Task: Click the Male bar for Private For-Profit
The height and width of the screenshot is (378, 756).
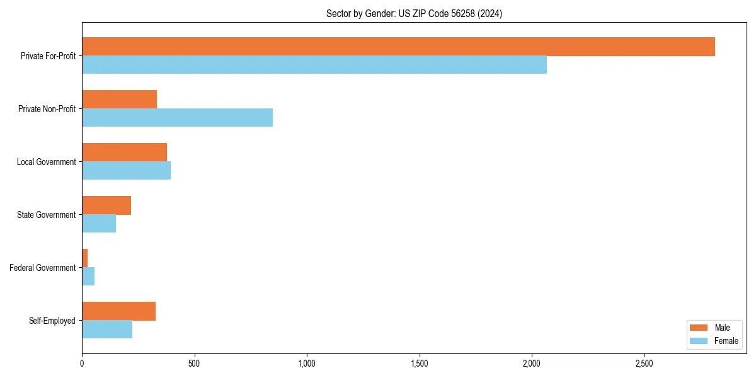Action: click(x=398, y=47)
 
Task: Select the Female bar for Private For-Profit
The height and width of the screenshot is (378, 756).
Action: click(x=314, y=65)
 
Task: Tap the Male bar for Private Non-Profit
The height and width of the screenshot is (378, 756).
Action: click(x=119, y=100)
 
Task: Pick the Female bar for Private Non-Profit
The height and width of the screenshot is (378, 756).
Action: click(x=177, y=118)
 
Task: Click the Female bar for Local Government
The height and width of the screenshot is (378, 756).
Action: click(x=126, y=171)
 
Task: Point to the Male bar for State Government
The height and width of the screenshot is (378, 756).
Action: click(x=106, y=205)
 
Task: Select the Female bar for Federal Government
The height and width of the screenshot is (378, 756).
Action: click(x=88, y=277)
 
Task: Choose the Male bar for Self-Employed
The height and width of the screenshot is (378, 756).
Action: click(x=118, y=311)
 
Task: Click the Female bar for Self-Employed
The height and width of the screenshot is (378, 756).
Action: click(x=107, y=329)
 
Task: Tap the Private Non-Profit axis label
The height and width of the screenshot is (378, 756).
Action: click(x=47, y=109)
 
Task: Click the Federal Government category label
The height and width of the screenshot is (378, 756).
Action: click(x=43, y=268)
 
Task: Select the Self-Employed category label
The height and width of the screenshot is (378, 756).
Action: click(x=52, y=321)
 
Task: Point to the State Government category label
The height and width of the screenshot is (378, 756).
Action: click(x=46, y=215)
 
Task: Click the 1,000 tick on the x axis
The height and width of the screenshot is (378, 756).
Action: click(x=307, y=364)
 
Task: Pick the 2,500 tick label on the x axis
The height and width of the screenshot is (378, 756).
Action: click(x=644, y=364)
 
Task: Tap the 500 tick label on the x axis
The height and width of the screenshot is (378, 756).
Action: click(x=194, y=364)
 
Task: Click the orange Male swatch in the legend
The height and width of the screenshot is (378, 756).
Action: click(x=699, y=328)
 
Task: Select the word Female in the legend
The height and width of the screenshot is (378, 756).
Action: click(x=726, y=341)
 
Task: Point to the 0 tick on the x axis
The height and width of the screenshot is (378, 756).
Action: click(x=82, y=364)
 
